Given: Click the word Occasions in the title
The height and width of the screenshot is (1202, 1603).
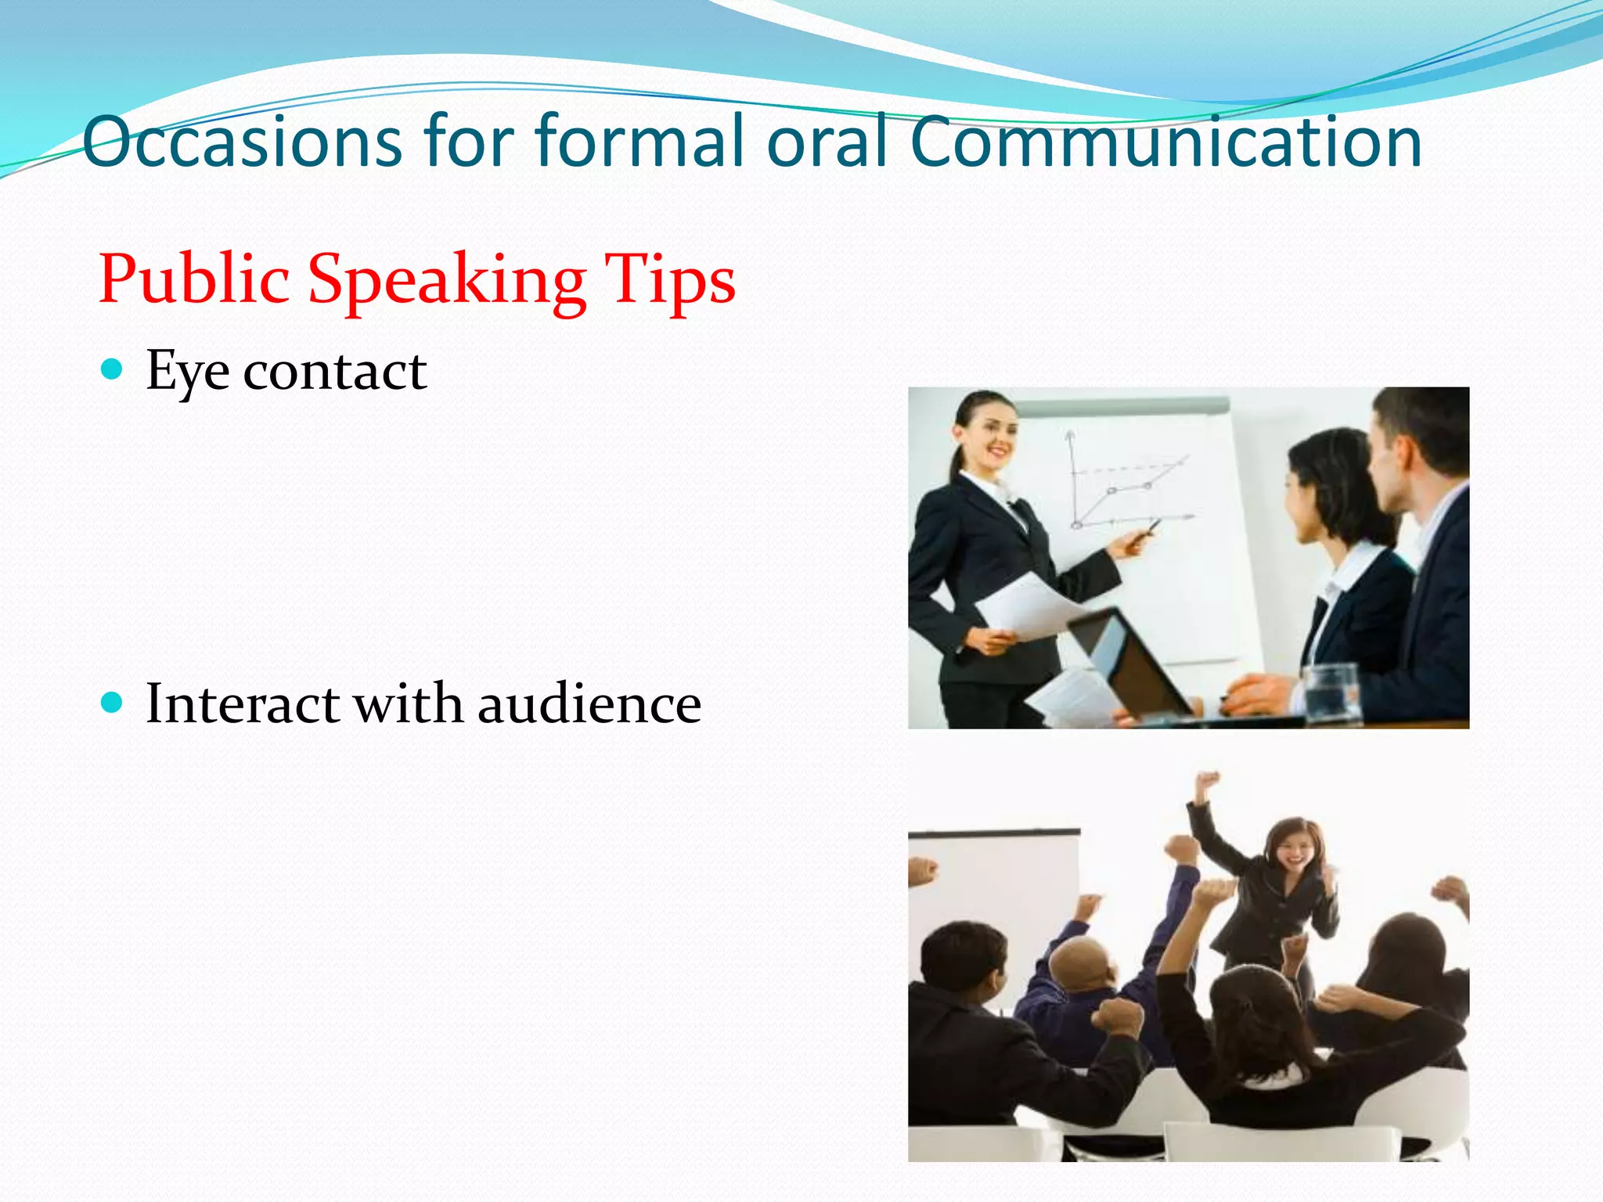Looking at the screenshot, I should [x=242, y=142].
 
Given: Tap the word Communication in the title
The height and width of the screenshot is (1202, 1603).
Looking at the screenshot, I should [x=1165, y=142].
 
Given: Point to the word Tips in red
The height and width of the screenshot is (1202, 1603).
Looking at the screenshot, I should [x=670, y=279].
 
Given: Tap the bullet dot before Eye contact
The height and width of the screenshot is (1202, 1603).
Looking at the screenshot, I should [x=113, y=369].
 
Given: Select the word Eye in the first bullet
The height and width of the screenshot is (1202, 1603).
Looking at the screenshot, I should [x=187, y=372].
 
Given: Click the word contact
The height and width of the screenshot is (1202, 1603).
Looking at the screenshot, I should [x=335, y=372].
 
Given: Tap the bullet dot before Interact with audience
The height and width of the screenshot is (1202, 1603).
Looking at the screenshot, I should [x=113, y=702].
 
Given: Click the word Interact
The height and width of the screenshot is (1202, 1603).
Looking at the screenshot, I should [x=243, y=704].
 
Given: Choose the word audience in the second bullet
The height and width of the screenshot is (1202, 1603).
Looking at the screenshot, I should [x=589, y=704].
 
